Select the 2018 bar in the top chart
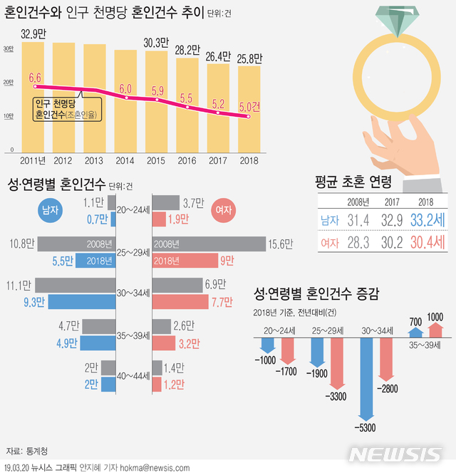(x=249, y=110)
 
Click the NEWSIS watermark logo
(x=396, y=454)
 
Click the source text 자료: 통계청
(x=28, y=451)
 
